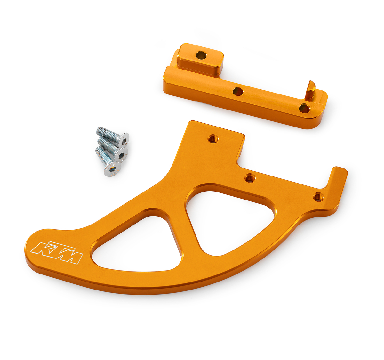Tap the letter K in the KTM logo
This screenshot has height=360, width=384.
(41, 248)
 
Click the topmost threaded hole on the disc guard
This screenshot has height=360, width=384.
(212, 139)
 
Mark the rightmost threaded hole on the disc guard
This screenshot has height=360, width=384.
(318, 197)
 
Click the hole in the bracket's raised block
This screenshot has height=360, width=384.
(201, 55)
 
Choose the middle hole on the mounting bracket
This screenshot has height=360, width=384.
(238, 92)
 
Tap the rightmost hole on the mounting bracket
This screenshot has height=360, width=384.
(304, 108)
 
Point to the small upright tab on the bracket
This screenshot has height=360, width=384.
(310, 90)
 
